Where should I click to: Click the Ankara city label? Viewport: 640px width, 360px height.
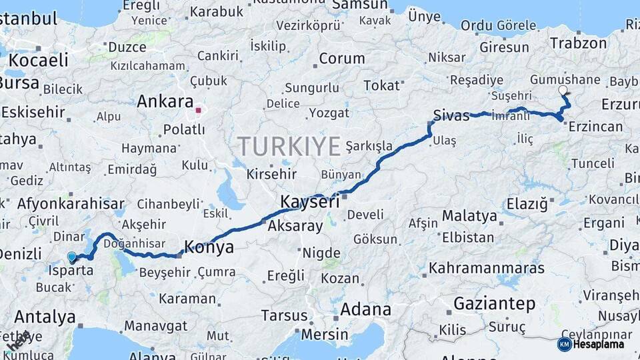(x=165, y=102)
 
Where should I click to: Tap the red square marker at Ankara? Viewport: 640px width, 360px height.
(x=199, y=109)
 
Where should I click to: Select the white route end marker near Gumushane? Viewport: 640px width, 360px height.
(x=563, y=89)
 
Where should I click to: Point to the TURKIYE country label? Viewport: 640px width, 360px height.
(x=289, y=146)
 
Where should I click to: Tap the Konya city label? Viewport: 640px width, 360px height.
(x=209, y=247)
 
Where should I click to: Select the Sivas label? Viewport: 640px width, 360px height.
(x=451, y=115)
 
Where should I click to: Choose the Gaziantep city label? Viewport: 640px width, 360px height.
(x=494, y=304)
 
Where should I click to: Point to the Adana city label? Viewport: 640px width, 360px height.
(x=365, y=309)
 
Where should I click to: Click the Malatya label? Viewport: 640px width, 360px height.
(x=469, y=216)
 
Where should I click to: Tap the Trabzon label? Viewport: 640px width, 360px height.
(x=578, y=43)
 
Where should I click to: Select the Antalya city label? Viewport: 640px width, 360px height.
(x=45, y=316)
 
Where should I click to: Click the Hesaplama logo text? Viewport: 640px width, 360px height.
(x=599, y=344)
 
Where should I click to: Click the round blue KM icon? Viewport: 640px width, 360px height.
(x=564, y=344)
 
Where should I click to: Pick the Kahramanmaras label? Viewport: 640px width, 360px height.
(x=487, y=269)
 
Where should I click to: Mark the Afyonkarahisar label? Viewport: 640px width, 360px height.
(x=71, y=204)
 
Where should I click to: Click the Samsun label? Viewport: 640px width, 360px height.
(x=364, y=5)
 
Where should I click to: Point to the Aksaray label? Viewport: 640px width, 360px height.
(x=295, y=226)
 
